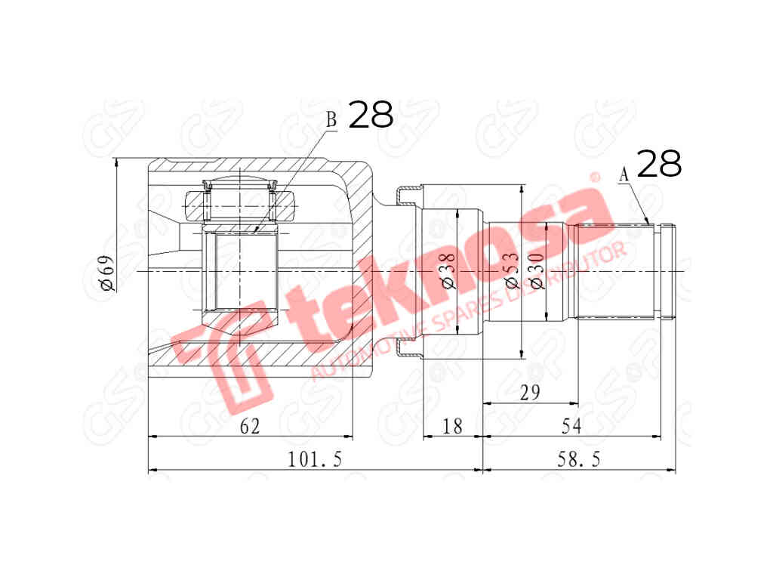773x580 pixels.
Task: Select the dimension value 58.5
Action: (x=580, y=459)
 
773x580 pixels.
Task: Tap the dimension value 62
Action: (x=250, y=427)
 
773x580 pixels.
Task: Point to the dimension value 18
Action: (x=451, y=427)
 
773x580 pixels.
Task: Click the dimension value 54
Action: (x=571, y=427)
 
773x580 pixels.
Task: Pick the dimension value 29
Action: (x=531, y=393)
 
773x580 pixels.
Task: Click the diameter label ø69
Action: (x=106, y=273)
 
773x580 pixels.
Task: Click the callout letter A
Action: (x=624, y=174)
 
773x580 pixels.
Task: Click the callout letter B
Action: (x=331, y=119)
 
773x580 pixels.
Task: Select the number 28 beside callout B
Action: (x=371, y=115)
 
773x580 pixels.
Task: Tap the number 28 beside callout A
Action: (x=659, y=164)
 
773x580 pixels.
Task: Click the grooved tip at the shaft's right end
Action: (x=667, y=271)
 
